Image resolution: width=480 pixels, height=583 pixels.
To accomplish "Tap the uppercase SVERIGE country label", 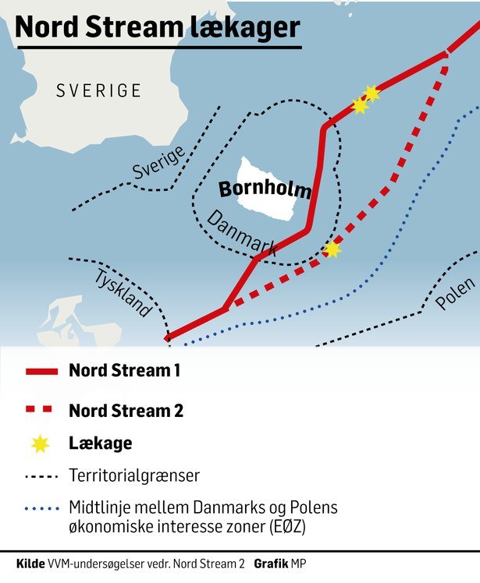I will (x=98, y=90).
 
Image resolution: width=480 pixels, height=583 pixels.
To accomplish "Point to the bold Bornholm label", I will (x=265, y=189).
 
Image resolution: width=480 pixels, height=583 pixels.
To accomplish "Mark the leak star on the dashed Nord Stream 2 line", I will (x=332, y=249).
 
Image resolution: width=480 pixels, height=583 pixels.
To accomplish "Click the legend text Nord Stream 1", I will (x=125, y=371).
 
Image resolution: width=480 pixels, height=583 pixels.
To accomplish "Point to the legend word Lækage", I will (x=100, y=443).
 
